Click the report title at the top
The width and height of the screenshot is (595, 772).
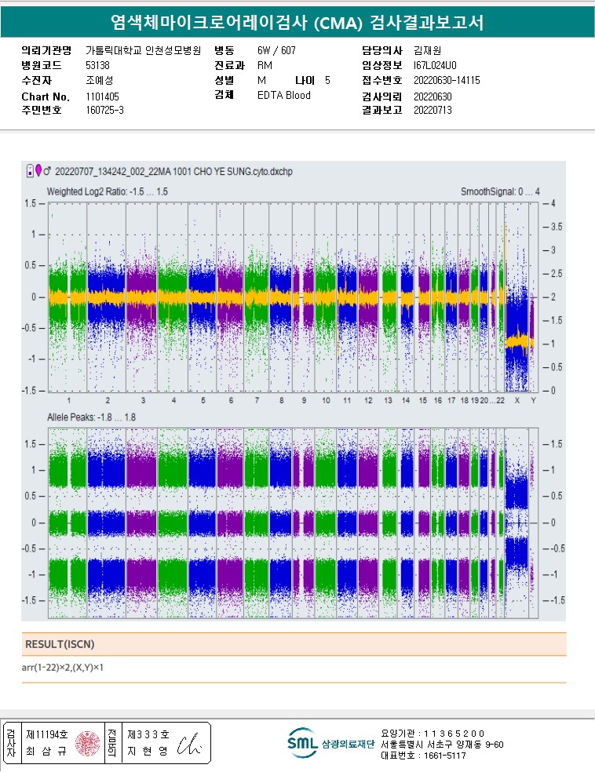pyautogui.click(x=297, y=21)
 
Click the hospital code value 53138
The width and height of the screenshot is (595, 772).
pyautogui.click(x=97, y=66)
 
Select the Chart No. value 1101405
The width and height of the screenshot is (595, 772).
pyautogui.click(x=102, y=96)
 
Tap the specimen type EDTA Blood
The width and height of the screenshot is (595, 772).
pyautogui.click(x=284, y=96)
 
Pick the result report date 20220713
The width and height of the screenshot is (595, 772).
pyautogui.click(x=433, y=111)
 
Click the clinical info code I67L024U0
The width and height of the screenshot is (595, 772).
pyautogui.click(x=434, y=66)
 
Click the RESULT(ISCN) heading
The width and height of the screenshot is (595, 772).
pyautogui.click(x=60, y=644)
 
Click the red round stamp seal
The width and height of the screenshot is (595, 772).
pyautogui.click(x=87, y=743)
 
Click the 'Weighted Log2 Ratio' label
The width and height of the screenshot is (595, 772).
pyautogui.click(x=107, y=191)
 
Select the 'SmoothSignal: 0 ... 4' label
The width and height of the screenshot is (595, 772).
pyautogui.click(x=500, y=191)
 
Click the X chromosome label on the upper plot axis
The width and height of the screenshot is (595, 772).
pyautogui.click(x=517, y=401)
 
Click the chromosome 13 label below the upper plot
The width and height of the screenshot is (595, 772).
pyautogui.click(x=387, y=401)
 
